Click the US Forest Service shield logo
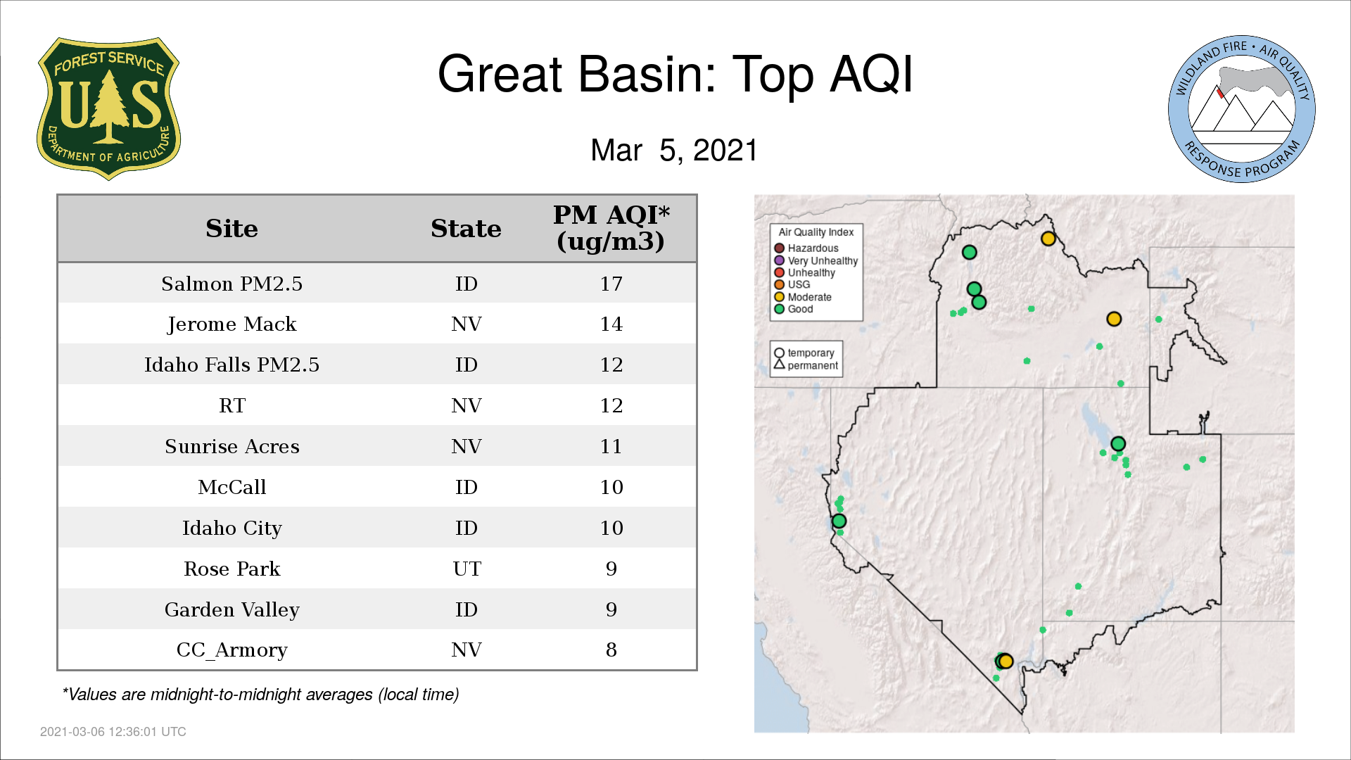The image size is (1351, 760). (108, 108)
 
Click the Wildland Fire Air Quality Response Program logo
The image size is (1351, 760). (1241, 109)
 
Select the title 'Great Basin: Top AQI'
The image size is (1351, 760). (675, 74)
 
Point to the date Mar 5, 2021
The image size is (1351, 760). (674, 150)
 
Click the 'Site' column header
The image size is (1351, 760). (231, 229)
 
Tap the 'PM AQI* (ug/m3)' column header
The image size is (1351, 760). (611, 228)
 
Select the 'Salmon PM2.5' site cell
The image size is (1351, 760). (231, 284)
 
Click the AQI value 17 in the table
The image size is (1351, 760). (611, 284)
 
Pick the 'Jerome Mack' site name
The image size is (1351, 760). (231, 324)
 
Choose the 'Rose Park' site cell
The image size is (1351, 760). (231, 569)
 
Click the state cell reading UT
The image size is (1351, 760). (467, 569)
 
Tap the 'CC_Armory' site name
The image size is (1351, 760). (231, 650)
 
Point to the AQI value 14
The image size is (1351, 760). (611, 324)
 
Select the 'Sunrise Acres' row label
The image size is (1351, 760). (231, 447)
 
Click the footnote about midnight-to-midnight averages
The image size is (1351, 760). (260, 695)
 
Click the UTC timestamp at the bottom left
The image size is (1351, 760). (113, 732)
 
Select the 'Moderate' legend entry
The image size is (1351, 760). (803, 297)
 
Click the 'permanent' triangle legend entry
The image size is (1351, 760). (806, 365)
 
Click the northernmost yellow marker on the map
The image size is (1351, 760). (1048, 239)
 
